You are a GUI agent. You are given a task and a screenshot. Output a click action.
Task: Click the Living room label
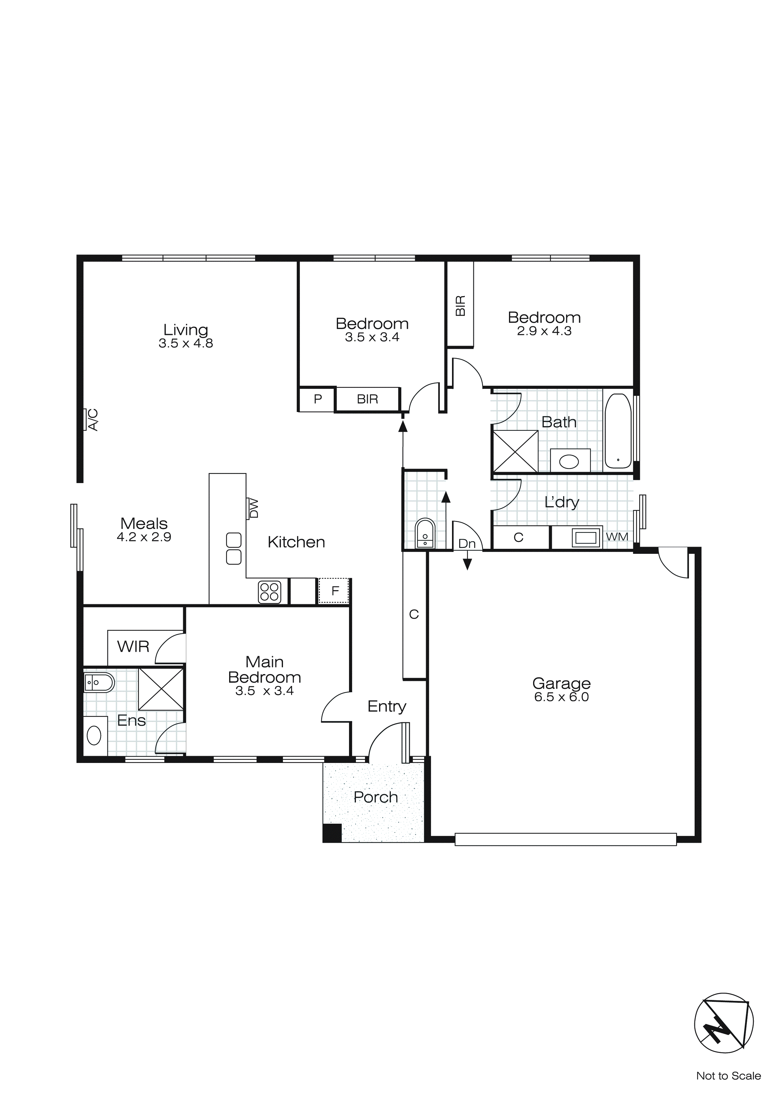point(185,330)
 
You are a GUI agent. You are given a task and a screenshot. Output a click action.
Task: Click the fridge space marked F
point(335,591)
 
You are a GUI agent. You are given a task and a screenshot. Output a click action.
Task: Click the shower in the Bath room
point(515,451)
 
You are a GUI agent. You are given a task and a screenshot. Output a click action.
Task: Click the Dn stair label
point(467,544)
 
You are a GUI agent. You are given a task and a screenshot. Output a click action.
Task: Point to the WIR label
point(133,647)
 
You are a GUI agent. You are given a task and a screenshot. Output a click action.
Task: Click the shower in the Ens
point(161,689)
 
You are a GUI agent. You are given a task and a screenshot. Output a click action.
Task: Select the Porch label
point(376,797)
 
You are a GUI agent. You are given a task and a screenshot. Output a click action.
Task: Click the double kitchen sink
point(234,548)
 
